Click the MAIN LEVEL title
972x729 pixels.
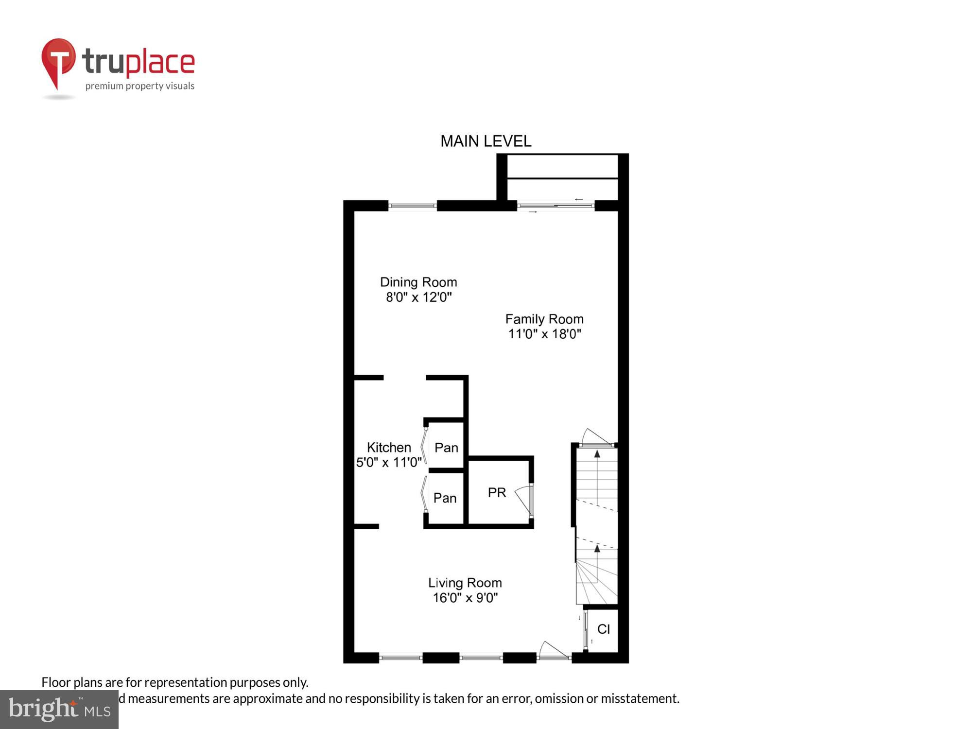coord(486,141)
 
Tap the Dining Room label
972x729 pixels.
coord(418,282)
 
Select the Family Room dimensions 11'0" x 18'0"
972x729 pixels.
coord(544,334)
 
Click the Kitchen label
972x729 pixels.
coord(389,447)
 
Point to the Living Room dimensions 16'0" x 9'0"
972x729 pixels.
coord(465,598)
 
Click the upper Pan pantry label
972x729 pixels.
coord(446,448)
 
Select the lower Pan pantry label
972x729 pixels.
coord(445,498)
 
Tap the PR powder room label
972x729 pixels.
coord(497,493)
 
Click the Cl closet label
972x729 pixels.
coord(604,629)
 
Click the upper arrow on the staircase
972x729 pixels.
coord(597,455)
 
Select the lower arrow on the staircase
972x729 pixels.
coord(597,549)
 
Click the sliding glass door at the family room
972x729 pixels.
coord(555,206)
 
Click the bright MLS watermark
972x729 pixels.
coord(59,709)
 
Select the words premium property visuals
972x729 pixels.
coord(140,87)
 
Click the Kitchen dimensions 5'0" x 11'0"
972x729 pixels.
coord(389,462)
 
